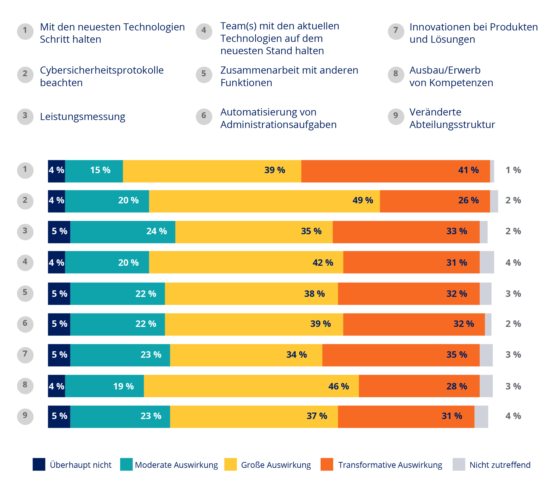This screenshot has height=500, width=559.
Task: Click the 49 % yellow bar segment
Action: [264, 201]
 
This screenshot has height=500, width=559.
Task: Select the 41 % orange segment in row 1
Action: [395, 171]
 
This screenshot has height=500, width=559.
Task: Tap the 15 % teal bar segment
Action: [94, 171]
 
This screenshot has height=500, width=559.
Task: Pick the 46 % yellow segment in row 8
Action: [251, 386]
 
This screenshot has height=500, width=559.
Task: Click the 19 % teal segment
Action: [104, 386]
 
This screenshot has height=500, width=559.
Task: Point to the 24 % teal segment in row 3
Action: [123, 232]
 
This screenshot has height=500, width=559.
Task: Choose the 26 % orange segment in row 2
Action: [435, 201]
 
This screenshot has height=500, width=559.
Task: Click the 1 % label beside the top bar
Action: [513, 170]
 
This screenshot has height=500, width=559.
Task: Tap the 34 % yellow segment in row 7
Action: [246, 355]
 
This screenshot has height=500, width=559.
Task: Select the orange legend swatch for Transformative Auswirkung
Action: [327, 464]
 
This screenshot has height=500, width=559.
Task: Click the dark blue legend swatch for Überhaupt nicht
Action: [39, 464]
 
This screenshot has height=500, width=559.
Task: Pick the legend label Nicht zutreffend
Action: [500, 465]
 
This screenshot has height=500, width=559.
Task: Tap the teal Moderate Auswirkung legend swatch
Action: [126, 464]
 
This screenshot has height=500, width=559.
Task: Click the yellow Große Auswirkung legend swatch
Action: [230, 464]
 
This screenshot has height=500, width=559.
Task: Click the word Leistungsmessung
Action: [82, 117]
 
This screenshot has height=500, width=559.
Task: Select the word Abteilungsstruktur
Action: [452, 125]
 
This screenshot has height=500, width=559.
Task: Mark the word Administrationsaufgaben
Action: [278, 125]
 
